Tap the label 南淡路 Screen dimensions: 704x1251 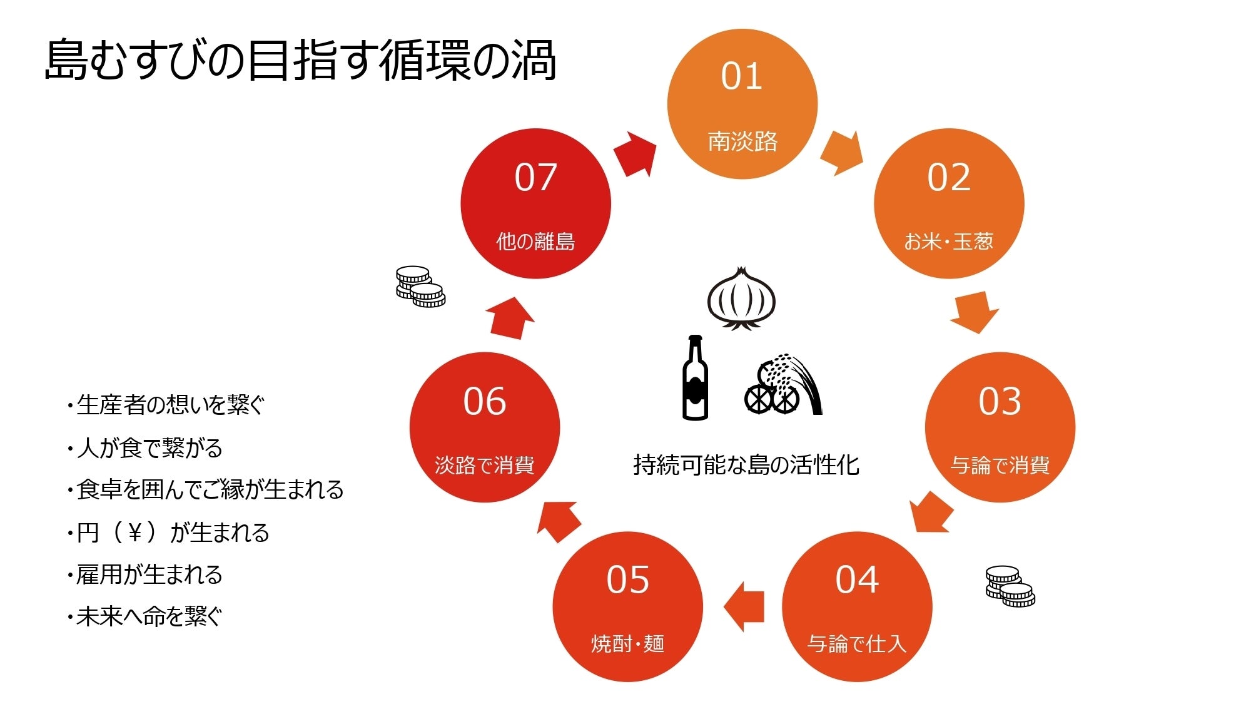pos(742,141)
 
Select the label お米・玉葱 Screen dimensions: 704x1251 pos(948,242)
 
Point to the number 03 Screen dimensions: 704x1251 pos(1000,401)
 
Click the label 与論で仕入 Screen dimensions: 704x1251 pos(856,643)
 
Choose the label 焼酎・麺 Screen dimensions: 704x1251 pos(627,643)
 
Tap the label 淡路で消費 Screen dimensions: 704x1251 pos(484,466)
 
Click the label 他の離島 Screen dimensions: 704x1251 pos(535,242)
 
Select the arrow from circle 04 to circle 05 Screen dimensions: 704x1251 pos(744,606)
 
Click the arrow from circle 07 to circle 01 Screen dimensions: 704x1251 pos(636,154)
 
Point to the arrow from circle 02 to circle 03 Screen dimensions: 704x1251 pos(974,312)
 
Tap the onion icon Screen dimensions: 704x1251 pos(741,298)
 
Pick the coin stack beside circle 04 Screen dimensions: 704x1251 pos(1010,586)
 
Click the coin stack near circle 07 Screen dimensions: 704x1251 pos(420,287)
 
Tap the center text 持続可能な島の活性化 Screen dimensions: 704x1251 pos(746,465)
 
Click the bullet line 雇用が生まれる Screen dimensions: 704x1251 pos(145,574)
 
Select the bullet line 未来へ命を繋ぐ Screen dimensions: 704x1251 pos(145,617)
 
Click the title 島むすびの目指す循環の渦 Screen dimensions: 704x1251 pos(300,61)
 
